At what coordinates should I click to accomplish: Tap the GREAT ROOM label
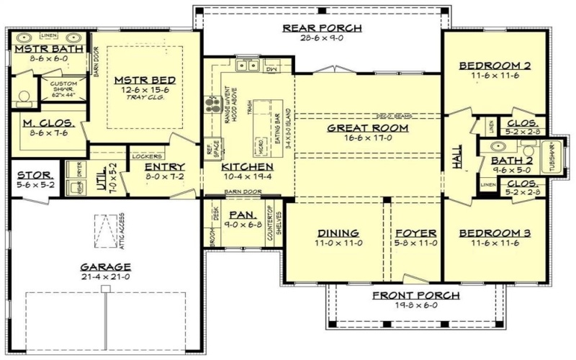(x=368, y=127)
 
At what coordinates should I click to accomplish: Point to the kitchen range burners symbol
(x=212, y=106)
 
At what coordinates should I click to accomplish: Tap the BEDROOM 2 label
(x=495, y=66)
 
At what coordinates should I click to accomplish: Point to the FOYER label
(x=415, y=233)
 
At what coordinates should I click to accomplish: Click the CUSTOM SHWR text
(x=63, y=87)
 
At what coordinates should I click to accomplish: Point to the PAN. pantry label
(x=238, y=215)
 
